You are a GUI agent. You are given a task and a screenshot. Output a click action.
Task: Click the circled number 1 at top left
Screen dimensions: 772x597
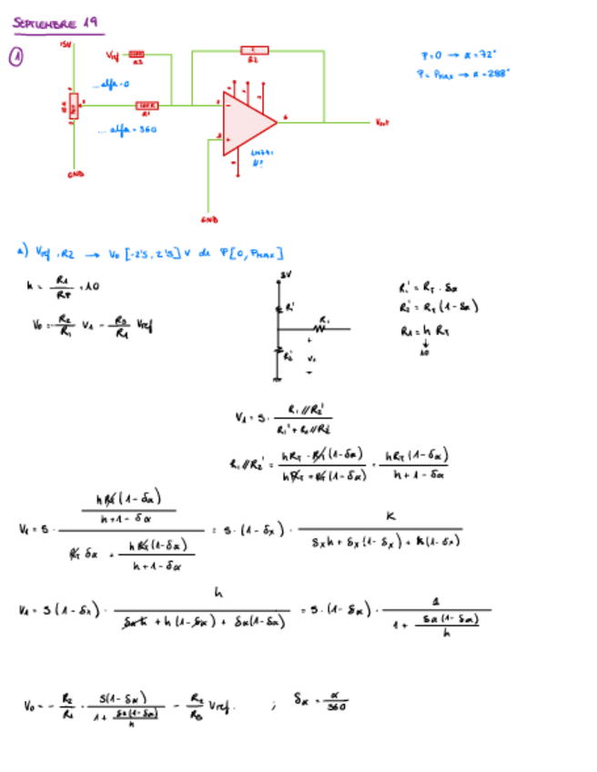point(15,57)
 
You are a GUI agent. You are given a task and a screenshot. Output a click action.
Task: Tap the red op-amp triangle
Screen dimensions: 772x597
point(247,122)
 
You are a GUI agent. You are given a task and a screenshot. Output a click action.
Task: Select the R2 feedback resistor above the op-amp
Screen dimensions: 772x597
point(254,50)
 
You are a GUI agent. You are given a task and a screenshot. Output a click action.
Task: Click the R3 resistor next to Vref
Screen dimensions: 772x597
point(137,56)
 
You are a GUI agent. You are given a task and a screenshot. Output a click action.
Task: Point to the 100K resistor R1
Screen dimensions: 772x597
point(148,107)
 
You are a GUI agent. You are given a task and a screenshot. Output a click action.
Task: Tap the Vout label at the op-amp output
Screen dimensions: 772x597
point(381,122)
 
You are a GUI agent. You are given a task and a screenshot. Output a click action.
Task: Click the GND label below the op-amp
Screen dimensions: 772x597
point(208,219)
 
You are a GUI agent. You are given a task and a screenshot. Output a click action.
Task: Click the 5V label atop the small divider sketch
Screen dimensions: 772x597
point(285,273)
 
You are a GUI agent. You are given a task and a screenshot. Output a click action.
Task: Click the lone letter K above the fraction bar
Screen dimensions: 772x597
point(390,515)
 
